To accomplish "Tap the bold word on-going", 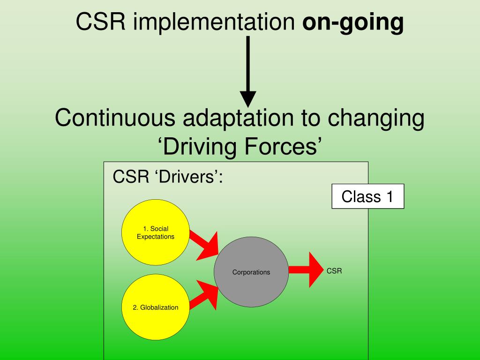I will click(x=353, y=22).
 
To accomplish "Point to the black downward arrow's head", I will click(x=248, y=98).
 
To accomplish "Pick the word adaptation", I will click(x=239, y=118).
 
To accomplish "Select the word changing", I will click(x=375, y=119).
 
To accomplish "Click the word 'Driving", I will click(x=197, y=146).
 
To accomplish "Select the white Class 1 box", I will click(x=367, y=196).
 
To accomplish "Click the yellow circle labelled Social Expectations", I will click(x=155, y=232).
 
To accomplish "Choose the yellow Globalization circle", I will click(x=155, y=307).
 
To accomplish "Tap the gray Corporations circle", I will click(x=251, y=272).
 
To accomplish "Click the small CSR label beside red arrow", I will click(x=334, y=271).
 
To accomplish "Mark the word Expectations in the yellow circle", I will click(x=155, y=237).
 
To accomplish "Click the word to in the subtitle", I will click(x=310, y=118).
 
